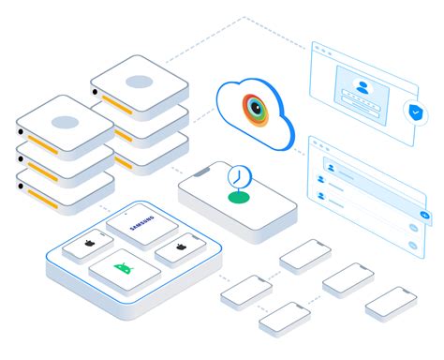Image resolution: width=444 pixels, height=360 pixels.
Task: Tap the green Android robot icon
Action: coord(123,269)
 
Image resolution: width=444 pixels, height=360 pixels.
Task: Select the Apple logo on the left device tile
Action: coord(87,243)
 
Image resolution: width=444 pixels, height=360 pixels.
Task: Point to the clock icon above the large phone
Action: coord(239,175)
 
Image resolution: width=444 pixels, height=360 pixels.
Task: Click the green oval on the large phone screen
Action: coord(239,198)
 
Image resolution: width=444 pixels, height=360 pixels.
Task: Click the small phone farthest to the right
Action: coord(391,303)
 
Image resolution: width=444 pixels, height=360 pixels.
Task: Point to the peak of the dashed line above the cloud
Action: coord(245,16)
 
